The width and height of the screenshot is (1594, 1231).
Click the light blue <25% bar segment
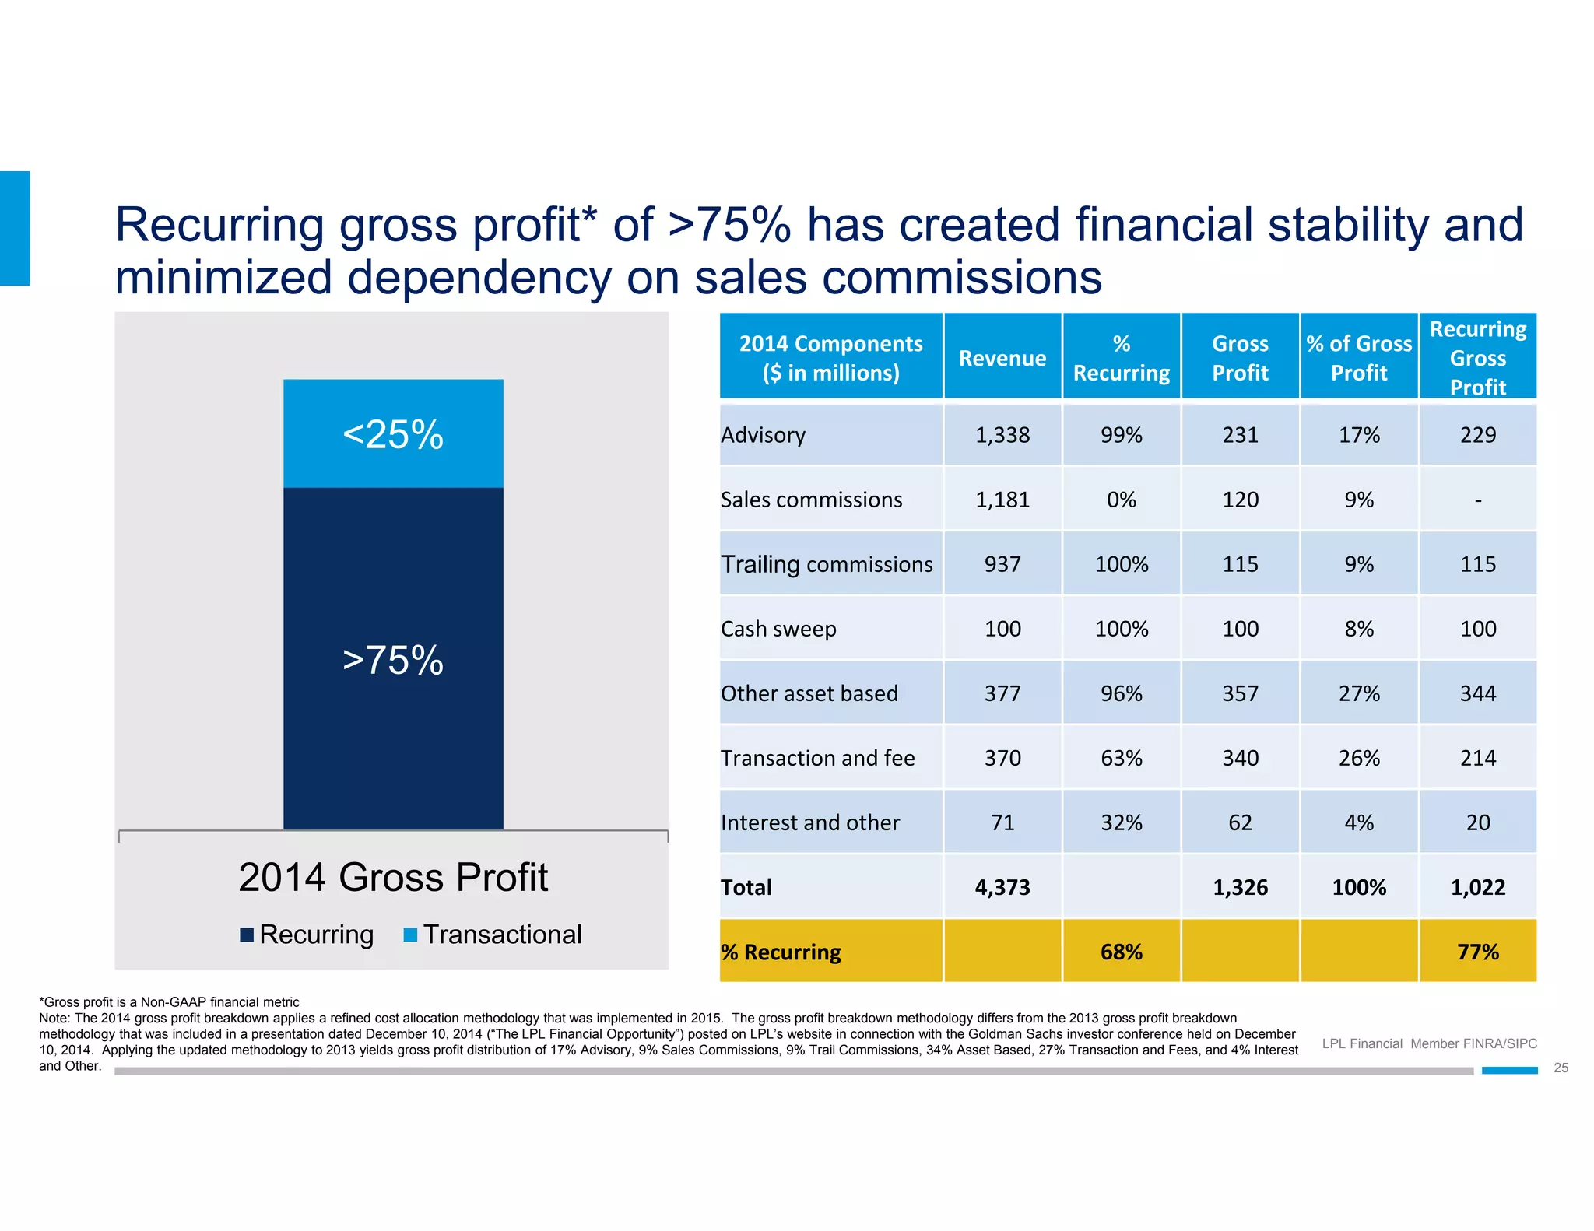click(393, 433)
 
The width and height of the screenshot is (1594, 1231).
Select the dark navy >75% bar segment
click(393, 659)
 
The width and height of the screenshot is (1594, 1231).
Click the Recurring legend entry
click(307, 935)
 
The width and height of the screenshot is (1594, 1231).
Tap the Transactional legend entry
click(493, 935)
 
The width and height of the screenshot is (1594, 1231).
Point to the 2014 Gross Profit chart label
click(393, 877)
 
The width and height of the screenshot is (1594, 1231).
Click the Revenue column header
click(1002, 358)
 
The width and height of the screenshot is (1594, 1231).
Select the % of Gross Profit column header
click(1359, 358)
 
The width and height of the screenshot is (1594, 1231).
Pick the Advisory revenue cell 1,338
click(1002, 435)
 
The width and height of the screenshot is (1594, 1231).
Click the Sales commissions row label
click(811, 500)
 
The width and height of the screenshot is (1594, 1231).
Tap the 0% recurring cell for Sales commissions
click(1122, 500)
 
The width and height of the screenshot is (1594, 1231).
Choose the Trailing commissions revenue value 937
click(1002, 564)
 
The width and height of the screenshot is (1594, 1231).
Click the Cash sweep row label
click(778, 629)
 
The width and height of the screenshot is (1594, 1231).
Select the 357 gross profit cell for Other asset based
click(1240, 693)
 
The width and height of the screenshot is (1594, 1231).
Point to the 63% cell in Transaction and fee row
click(1122, 758)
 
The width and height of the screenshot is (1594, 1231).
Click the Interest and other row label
click(809, 822)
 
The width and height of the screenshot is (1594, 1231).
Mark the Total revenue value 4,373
click(1002, 887)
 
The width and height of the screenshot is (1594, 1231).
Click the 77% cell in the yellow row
click(1478, 952)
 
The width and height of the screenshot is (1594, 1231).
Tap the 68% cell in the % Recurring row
click(1122, 952)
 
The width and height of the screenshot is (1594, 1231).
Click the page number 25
click(1561, 1068)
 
